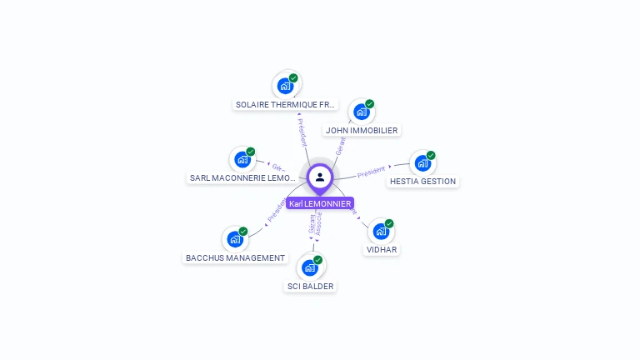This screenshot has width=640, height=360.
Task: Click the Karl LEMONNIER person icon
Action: (x=320, y=177)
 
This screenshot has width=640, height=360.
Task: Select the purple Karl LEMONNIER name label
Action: (x=320, y=203)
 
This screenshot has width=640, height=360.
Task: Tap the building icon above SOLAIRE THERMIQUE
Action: (x=286, y=86)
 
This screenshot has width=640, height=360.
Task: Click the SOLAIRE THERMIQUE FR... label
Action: (x=286, y=105)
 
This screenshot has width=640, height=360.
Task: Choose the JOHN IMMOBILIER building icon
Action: (x=361, y=112)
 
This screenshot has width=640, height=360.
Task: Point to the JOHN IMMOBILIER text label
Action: (x=362, y=130)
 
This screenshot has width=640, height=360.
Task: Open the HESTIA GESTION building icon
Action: (x=422, y=162)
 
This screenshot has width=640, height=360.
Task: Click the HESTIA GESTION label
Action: (x=422, y=181)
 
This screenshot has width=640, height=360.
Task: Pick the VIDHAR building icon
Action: (x=381, y=231)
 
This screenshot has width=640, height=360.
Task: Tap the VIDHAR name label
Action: (x=382, y=249)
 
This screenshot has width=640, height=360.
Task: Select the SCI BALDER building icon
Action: (x=310, y=267)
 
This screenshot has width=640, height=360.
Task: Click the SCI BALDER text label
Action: (x=310, y=286)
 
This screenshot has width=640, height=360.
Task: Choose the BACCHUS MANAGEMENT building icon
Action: (x=235, y=239)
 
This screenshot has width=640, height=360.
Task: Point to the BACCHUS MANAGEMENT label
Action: (x=235, y=257)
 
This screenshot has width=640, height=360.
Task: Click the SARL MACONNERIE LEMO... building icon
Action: (x=242, y=159)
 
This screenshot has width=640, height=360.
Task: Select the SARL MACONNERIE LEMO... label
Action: (x=242, y=177)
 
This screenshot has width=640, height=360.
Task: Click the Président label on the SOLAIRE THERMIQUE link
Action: (x=302, y=131)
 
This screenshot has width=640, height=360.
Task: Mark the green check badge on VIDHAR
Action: (x=389, y=223)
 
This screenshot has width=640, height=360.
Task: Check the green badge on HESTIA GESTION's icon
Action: (x=431, y=155)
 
